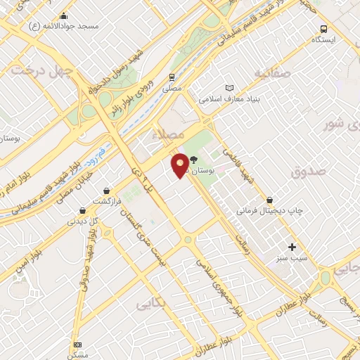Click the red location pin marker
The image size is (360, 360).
click(181, 165)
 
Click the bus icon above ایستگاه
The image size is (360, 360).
click(323, 29)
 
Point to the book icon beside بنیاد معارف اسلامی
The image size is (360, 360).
click(228, 88)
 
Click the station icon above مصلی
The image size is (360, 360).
click(172, 77)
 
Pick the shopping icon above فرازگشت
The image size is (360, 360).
click(106, 190)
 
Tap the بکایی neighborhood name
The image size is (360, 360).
click(150, 304)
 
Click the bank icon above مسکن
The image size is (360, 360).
click(77, 344)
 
